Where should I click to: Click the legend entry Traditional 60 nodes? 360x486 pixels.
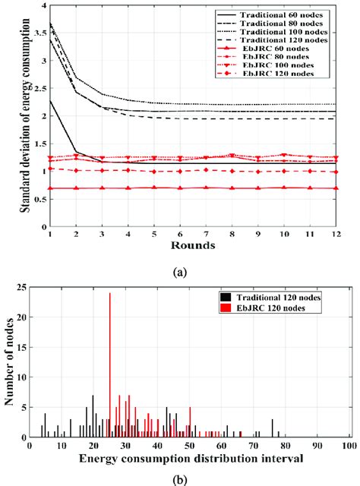click(293, 16)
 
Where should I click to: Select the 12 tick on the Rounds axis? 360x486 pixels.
click(348, 236)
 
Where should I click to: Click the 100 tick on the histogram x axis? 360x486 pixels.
click(349, 447)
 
